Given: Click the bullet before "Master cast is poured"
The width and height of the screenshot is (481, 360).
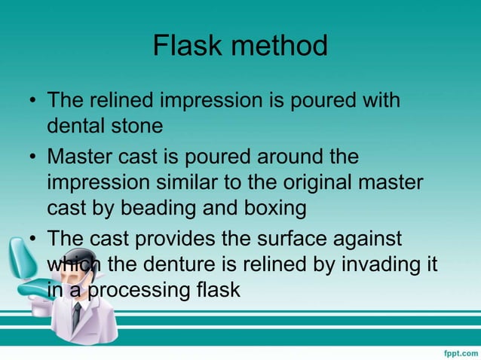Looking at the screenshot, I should (x=32, y=159).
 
